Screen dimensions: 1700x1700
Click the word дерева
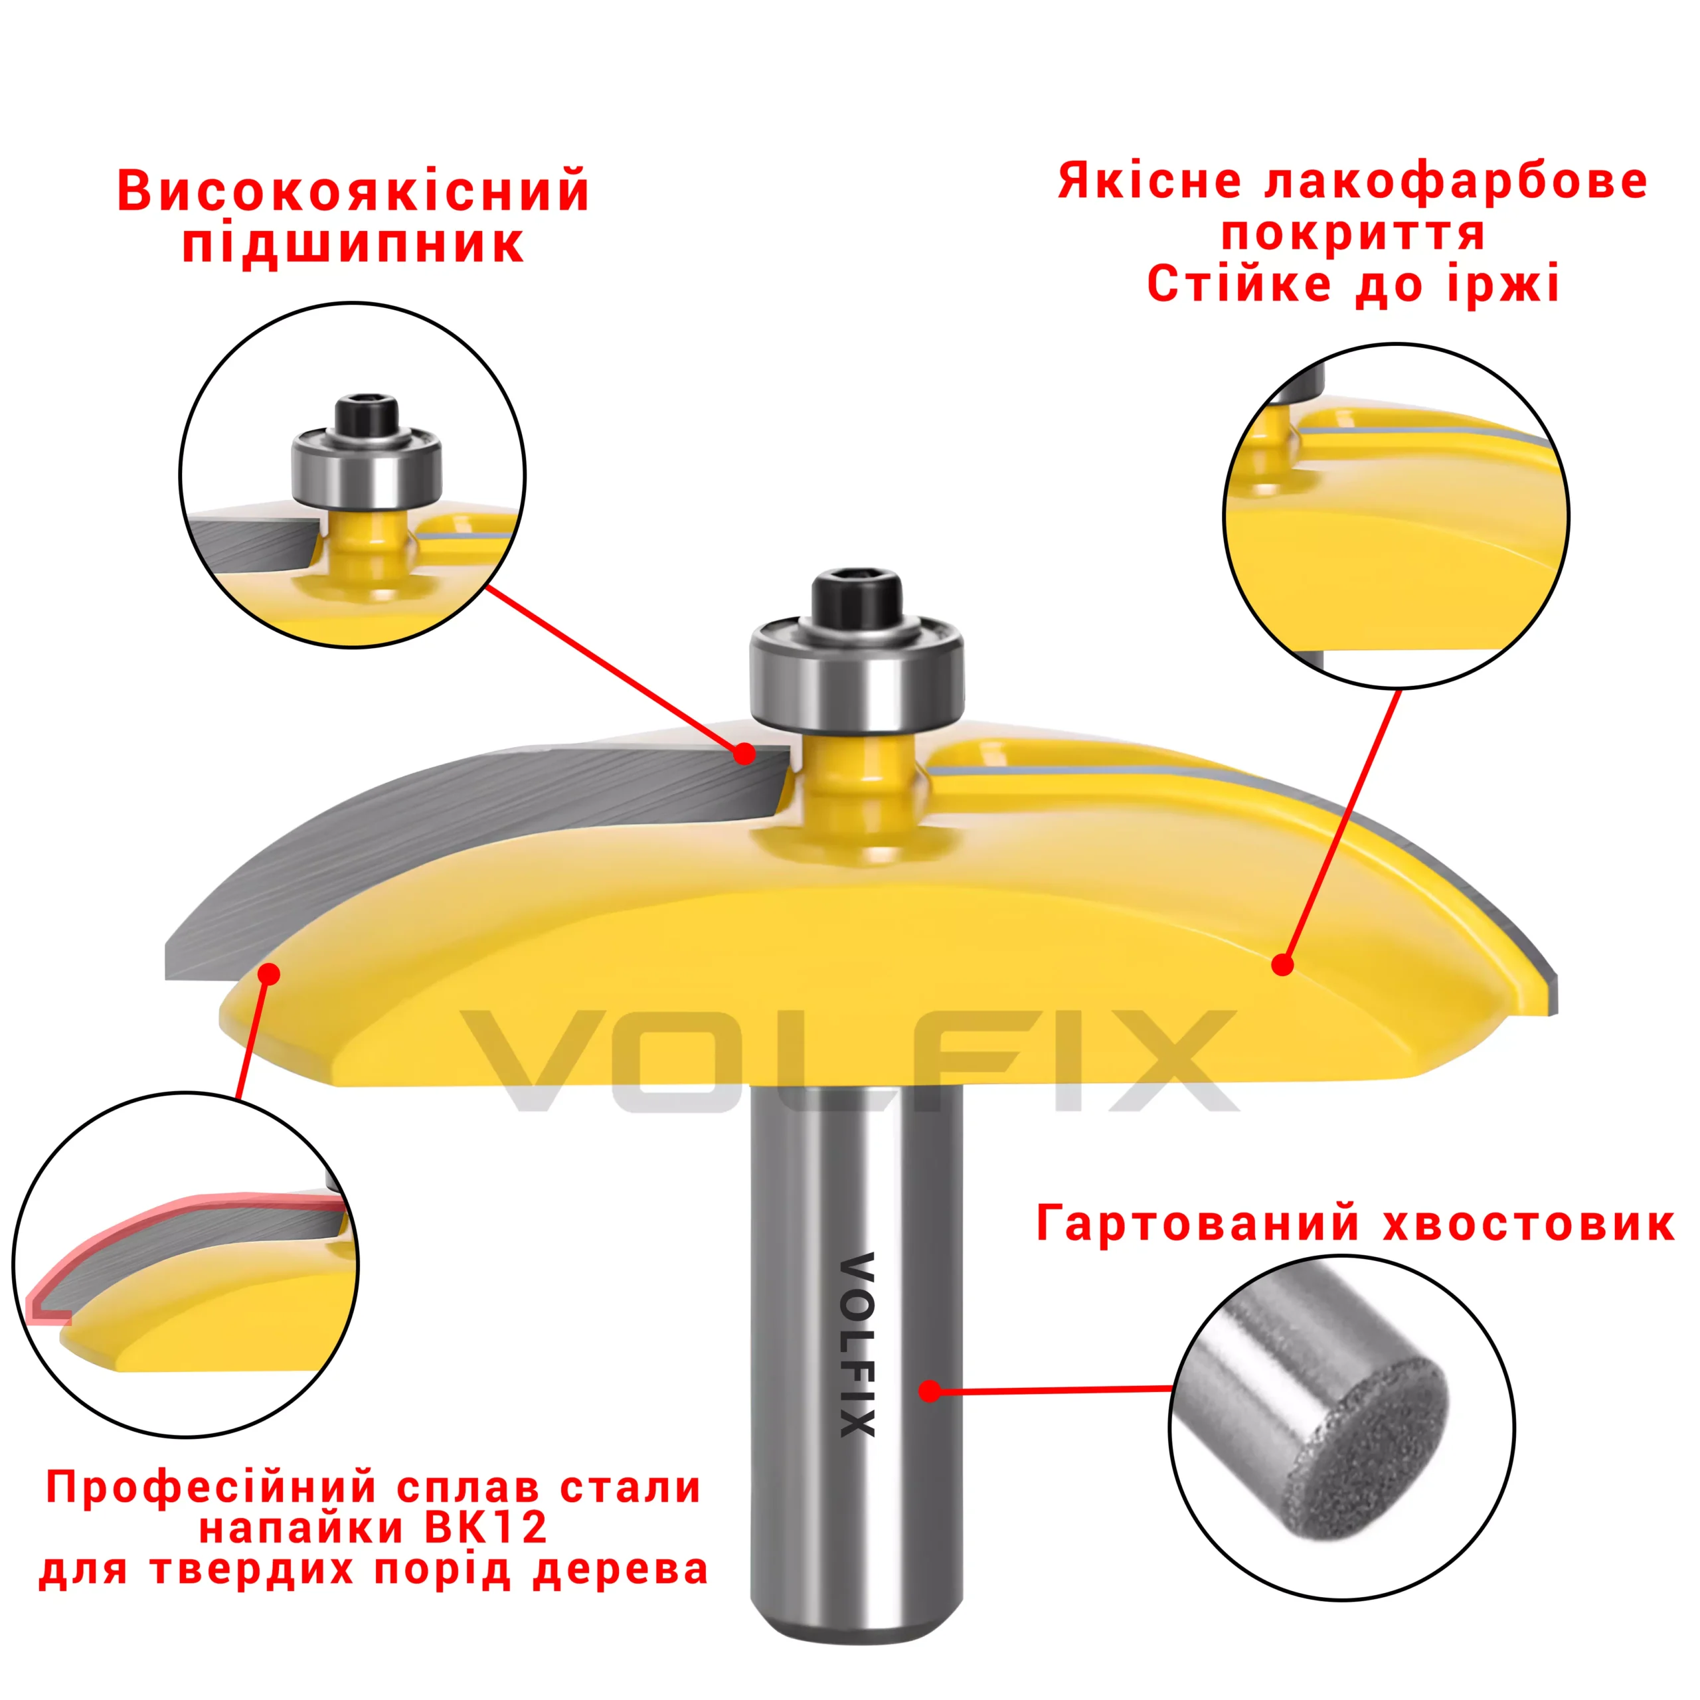click(620, 1570)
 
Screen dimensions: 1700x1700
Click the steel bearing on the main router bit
click(856, 673)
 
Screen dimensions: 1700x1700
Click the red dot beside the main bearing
click(744, 753)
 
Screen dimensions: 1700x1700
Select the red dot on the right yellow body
click(1283, 966)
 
